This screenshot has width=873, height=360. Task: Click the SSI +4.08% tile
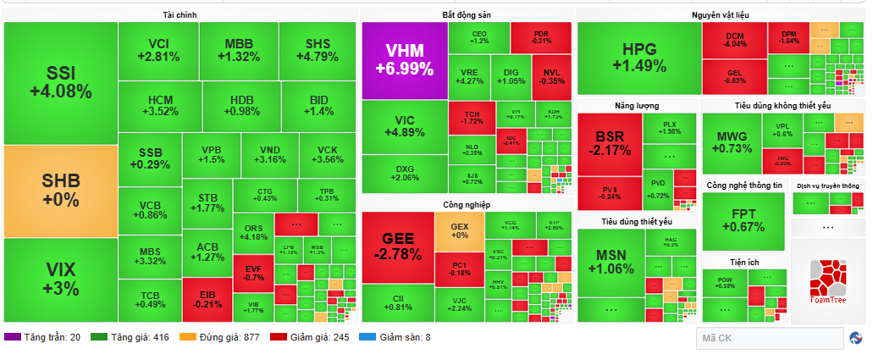59,82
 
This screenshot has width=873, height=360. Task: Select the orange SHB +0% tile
59,191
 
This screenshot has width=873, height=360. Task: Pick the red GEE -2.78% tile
397,246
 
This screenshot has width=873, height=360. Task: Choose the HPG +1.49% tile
638,58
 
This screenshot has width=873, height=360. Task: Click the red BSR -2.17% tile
609,144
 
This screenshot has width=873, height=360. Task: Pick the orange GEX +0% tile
460,230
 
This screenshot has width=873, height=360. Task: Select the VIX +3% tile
59,278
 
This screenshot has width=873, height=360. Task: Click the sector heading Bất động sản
466,15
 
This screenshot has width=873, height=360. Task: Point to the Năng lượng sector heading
636,106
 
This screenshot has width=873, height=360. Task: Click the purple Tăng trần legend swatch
12,337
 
